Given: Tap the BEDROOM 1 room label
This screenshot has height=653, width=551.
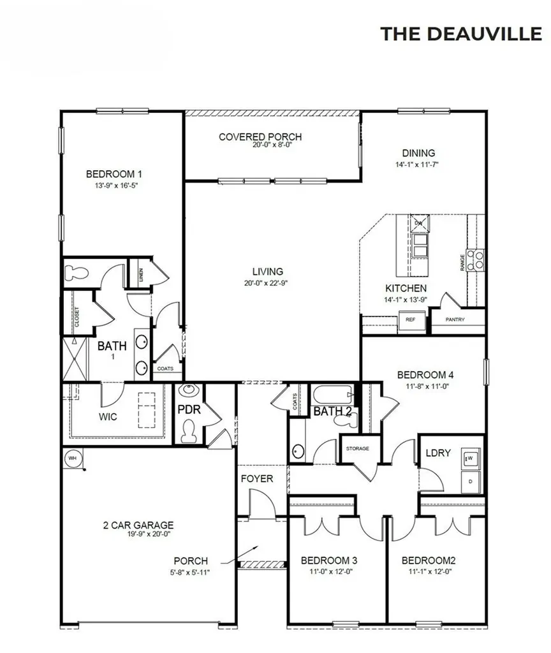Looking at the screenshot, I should click(114, 173).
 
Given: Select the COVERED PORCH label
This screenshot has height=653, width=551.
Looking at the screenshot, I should click(260, 136).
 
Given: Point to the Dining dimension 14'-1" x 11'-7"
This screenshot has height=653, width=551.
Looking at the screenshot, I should click(418, 165).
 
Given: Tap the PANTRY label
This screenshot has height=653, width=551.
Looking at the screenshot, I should click(455, 320).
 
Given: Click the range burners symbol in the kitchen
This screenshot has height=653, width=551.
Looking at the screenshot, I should click(475, 260).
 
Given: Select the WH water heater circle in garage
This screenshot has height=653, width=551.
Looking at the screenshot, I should click(72, 458).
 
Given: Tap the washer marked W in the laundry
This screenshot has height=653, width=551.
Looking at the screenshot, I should click(471, 458).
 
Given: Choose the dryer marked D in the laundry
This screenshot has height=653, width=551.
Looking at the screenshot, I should click(471, 481).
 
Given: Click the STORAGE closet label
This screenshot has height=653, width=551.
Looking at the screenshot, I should click(357, 449).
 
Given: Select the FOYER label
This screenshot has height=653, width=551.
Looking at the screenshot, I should click(257, 478).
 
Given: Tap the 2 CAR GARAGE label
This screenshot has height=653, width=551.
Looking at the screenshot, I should click(138, 525).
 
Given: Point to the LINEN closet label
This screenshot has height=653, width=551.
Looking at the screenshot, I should click(140, 275).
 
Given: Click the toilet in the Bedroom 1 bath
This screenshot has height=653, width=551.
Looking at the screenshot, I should click(78, 273).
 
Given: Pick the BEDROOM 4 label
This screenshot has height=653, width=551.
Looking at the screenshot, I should click(425, 375).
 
